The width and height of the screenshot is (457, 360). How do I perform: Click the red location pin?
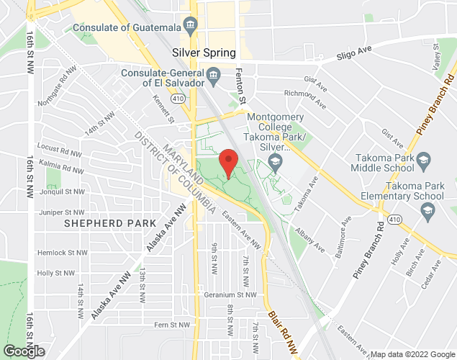pos(228,163)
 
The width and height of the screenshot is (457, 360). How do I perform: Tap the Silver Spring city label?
pos(204,53)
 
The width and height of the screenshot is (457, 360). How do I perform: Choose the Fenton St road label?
pos(242,85)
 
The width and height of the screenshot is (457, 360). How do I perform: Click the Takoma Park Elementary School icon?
pos(428,210)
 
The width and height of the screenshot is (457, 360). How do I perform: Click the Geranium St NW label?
pos(232,294)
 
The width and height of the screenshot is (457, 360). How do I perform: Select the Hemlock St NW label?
pos(56,253)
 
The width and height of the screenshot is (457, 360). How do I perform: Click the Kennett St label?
pos(168,110)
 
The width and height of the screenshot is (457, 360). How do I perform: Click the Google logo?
pos(23,351)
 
